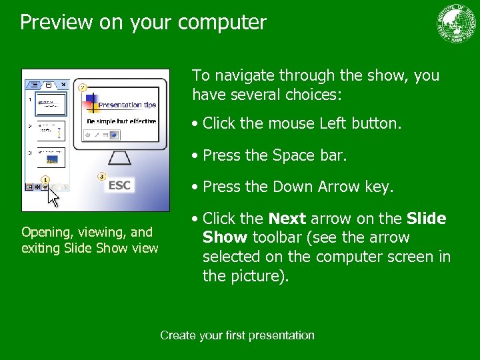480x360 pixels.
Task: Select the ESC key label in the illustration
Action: pyautogui.click(x=119, y=185)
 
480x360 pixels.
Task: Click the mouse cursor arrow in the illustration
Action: pyautogui.click(x=54, y=198)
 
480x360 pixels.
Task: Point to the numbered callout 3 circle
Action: pyautogui.click(x=101, y=176)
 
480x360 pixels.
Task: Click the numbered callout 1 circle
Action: pyautogui.click(x=45, y=179)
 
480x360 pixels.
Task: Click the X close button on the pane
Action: pyautogui.click(x=63, y=85)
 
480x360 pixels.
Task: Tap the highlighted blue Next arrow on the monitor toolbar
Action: pyautogui.click(x=114, y=134)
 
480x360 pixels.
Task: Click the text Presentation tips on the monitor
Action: pyautogui.click(x=127, y=105)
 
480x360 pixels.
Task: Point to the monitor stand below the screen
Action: pyautogui.click(x=119, y=159)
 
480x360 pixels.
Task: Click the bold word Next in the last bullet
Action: pyautogui.click(x=287, y=219)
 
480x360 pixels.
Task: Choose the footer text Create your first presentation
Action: pyautogui.click(x=237, y=335)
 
